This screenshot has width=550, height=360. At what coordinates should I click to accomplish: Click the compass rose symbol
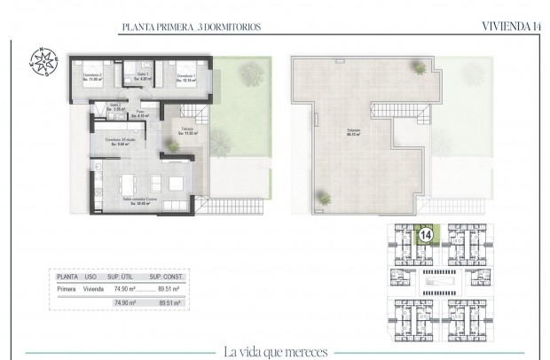(x=41, y=59)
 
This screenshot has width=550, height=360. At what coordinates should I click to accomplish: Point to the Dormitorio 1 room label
(x=185, y=78)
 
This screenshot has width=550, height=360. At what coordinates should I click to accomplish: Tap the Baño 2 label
(x=115, y=106)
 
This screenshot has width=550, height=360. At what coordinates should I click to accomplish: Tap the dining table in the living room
(x=128, y=184)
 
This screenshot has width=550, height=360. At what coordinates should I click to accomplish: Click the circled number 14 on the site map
(x=426, y=237)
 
